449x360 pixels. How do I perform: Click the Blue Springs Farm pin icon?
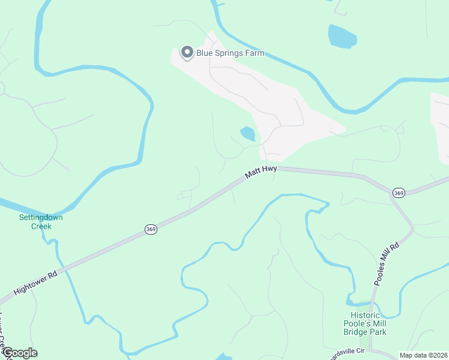tap(187, 53)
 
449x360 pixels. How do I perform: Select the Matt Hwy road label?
tap(261, 173)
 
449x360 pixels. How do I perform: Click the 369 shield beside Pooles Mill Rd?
tap(399, 193)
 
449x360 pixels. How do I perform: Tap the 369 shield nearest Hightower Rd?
tap(151, 229)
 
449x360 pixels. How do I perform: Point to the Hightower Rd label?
tap(35, 281)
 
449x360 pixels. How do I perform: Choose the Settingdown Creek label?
tap(41, 221)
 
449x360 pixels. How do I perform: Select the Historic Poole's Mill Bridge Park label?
tap(369, 323)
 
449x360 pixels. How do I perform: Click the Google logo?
tap(20, 353)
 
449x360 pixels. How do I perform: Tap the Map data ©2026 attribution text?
tap(423, 355)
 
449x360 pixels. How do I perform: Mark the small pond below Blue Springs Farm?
tap(247, 133)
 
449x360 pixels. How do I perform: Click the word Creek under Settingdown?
tap(41, 226)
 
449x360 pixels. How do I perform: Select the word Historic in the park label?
tap(365, 315)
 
